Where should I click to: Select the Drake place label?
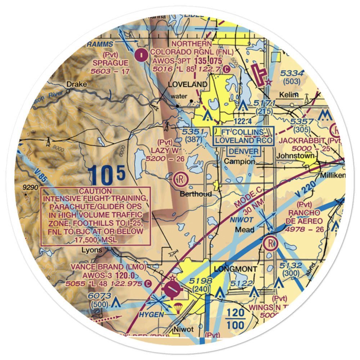coord(76,84)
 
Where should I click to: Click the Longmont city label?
coord(235,269)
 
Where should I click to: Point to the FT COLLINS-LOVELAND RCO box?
coord(243,136)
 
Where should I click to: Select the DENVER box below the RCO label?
coord(243,151)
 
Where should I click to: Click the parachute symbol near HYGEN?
coord(177,308)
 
